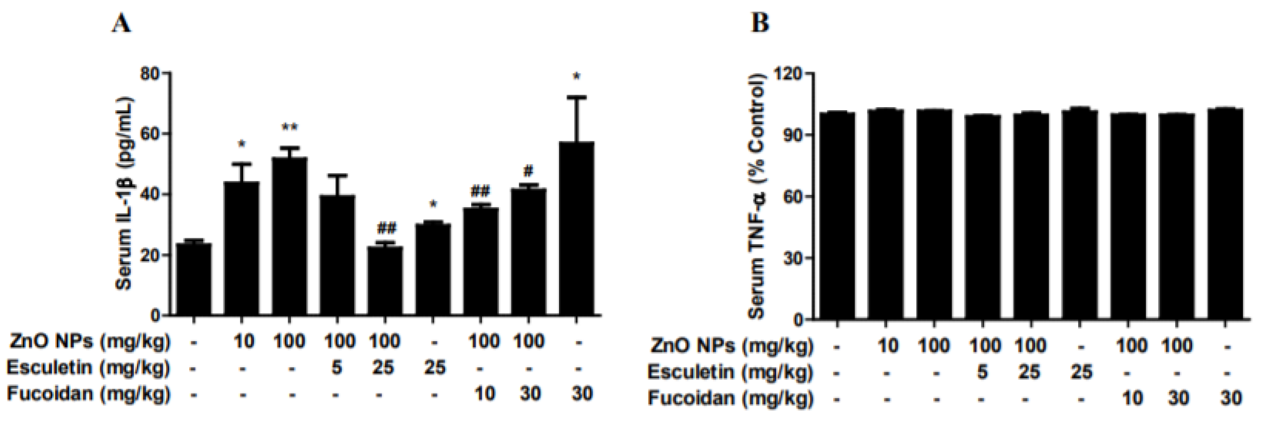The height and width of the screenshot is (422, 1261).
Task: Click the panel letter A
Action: (x=121, y=23)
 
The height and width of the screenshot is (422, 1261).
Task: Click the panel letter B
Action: (x=760, y=23)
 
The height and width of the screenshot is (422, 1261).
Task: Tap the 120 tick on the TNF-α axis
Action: (x=788, y=74)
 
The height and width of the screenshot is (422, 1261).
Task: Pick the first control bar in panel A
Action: (x=194, y=279)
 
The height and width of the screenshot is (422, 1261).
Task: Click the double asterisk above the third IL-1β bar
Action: (x=289, y=129)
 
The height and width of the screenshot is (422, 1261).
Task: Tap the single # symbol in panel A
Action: (x=528, y=171)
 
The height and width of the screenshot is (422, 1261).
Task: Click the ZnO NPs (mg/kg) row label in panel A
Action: (x=90, y=341)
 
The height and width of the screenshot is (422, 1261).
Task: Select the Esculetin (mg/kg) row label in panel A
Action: (x=89, y=367)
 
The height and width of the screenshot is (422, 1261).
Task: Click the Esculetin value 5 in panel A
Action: (x=336, y=367)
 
